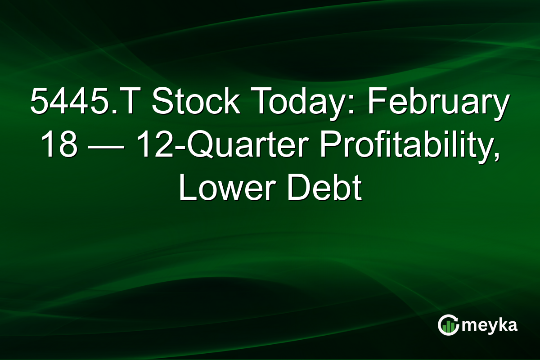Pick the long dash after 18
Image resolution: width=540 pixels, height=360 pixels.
click(x=107, y=146)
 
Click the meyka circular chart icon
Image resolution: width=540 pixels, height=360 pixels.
click(x=448, y=325)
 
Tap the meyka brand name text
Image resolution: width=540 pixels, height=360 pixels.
click(x=489, y=325)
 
